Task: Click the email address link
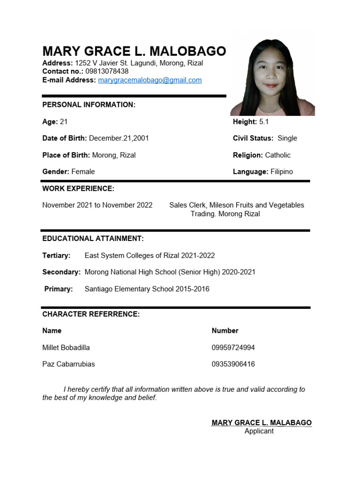(x=150, y=80)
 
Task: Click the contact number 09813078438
(x=107, y=72)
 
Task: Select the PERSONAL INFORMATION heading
(x=89, y=105)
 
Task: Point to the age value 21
(x=64, y=122)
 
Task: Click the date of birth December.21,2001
(x=119, y=138)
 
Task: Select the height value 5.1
(x=264, y=122)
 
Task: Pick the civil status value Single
(x=287, y=138)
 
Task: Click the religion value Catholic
(x=277, y=155)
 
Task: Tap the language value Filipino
(x=281, y=172)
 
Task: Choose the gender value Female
(x=83, y=172)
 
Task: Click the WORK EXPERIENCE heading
(x=78, y=189)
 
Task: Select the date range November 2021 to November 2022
(x=97, y=205)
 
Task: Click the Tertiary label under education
(x=56, y=255)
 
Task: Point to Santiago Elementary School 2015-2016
(x=147, y=289)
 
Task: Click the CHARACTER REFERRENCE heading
(x=91, y=314)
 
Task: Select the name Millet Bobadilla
(x=66, y=348)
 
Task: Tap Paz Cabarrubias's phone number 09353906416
(x=233, y=364)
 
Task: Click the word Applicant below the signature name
(x=259, y=431)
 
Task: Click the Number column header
(x=225, y=331)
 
